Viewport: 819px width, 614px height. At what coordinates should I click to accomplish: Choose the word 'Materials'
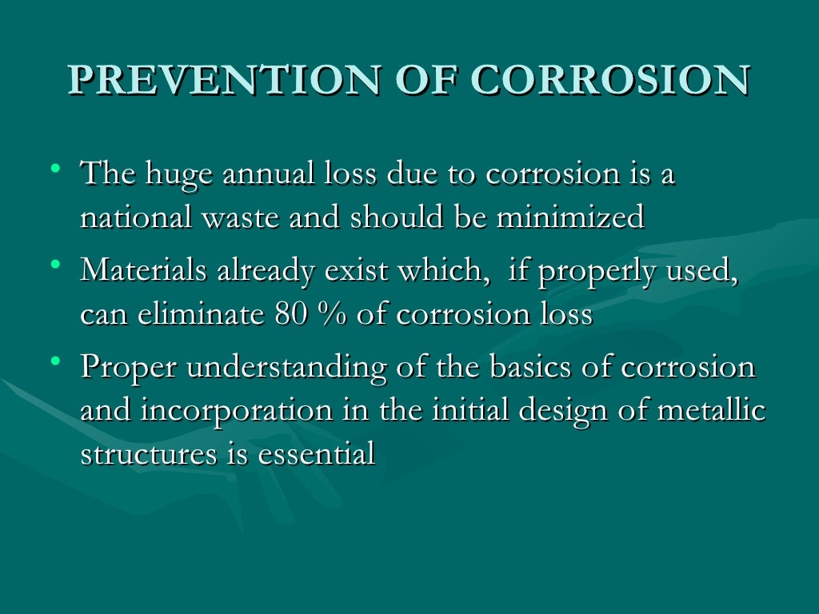click(x=144, y=271)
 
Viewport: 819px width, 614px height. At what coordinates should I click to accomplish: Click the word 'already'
click(x=266, y=273)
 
